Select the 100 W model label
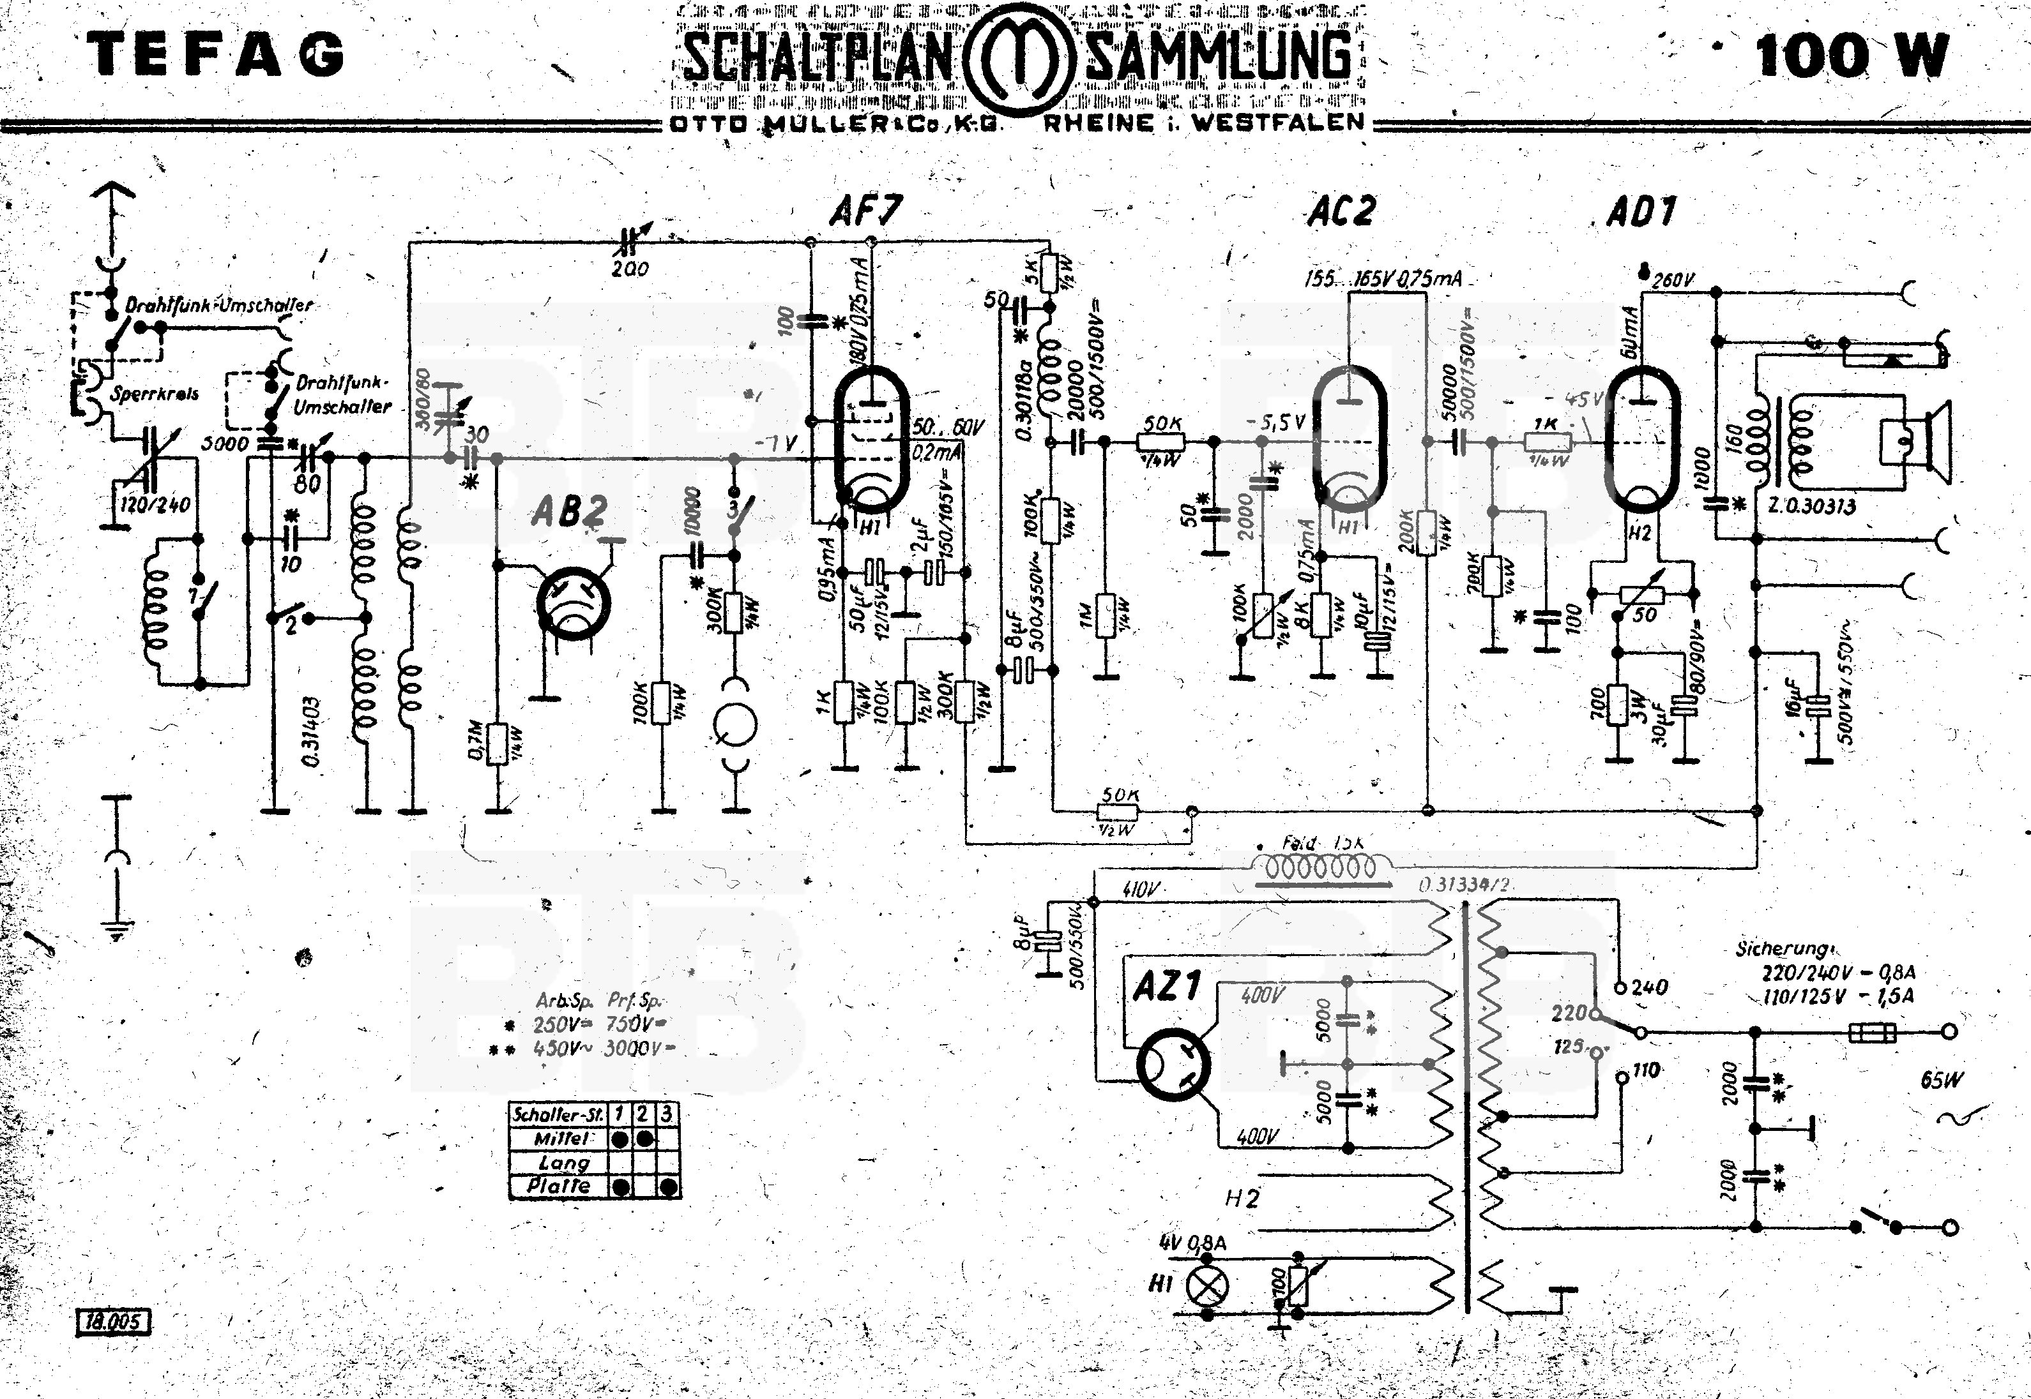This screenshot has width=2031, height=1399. click(1850, 56)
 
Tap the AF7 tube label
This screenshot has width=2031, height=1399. click(865, 211)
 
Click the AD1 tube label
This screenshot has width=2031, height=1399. click(1641, 212)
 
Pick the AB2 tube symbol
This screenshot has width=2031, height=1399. click(574, 605)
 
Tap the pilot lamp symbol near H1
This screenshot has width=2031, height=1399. click(1206, 1286)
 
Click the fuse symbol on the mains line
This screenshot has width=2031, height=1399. click(1872, 1033)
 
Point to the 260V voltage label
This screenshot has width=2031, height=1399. click(1673, 280)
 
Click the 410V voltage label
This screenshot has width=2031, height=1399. click(1141, 890)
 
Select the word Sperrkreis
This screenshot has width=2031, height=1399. click(155, 394)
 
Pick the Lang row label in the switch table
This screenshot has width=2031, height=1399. click(564, 1163)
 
